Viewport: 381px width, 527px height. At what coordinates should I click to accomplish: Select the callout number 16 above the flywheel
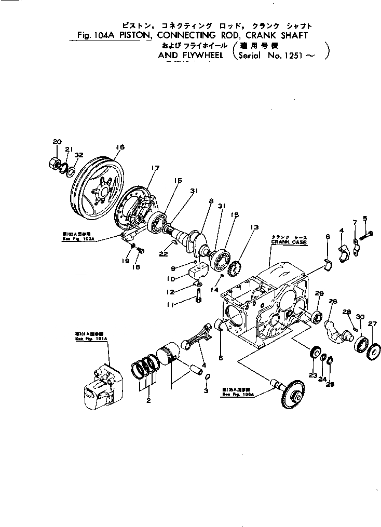click(120, 147)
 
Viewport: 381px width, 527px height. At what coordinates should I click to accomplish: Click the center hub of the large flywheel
click(102, 192)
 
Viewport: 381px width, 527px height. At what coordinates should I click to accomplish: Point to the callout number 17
click(155, 167)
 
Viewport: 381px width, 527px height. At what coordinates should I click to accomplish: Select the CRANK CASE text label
click(289, 242)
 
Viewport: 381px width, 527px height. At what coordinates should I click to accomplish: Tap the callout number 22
click(164, 254)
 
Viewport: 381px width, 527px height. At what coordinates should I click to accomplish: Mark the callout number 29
click(319, 294)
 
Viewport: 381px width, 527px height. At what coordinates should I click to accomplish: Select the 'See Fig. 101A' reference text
click(92, 339)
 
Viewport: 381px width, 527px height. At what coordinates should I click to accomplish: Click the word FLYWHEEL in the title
click(200, 56)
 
